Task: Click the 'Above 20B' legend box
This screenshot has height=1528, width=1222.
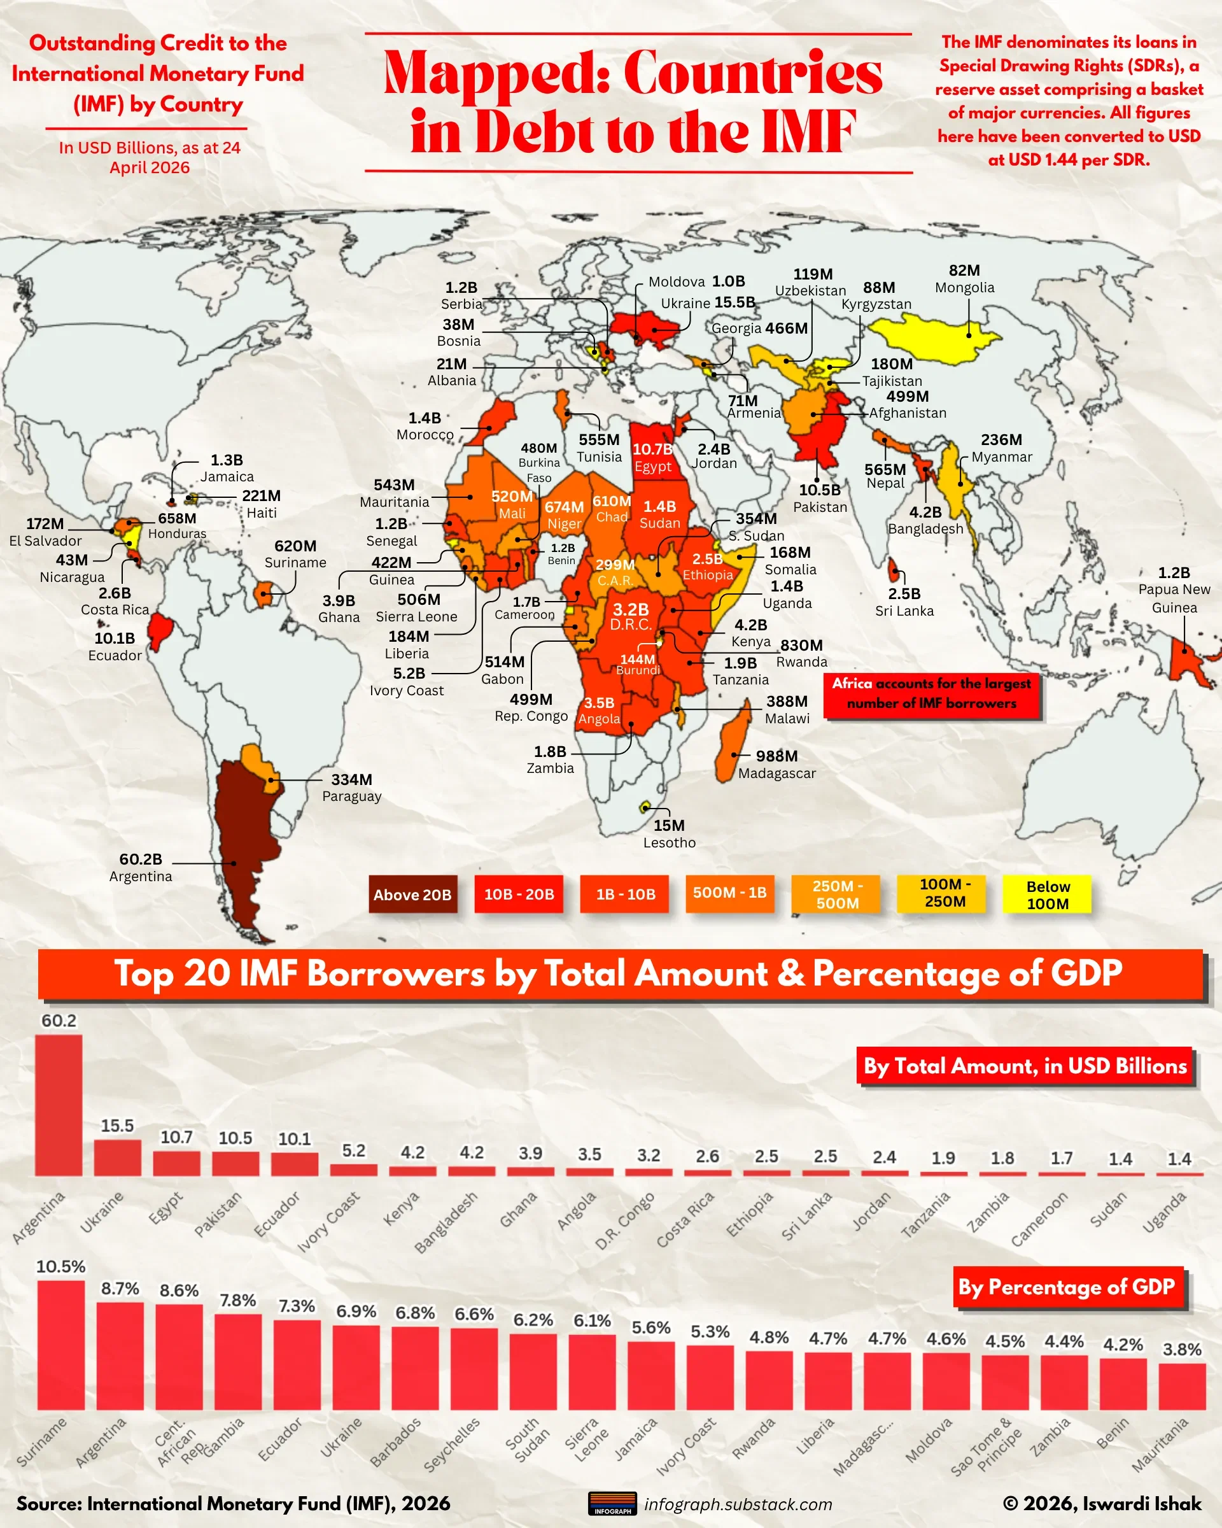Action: tap(412, 895)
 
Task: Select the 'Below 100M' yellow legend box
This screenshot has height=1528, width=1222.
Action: tap(1047, 895)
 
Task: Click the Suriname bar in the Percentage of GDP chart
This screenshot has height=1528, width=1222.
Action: tap(60, 1345)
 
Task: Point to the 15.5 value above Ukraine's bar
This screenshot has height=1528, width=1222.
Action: tap(117, 1126)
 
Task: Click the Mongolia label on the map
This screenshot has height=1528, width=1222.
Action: tap(964, 287)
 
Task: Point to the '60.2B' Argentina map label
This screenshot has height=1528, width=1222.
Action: tap(140, 859)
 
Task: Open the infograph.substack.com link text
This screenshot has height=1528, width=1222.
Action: tap(738, 1504)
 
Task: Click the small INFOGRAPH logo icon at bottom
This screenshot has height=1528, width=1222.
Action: tap(612, 1503)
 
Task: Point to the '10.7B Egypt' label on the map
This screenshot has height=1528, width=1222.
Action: tap(652, 457)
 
